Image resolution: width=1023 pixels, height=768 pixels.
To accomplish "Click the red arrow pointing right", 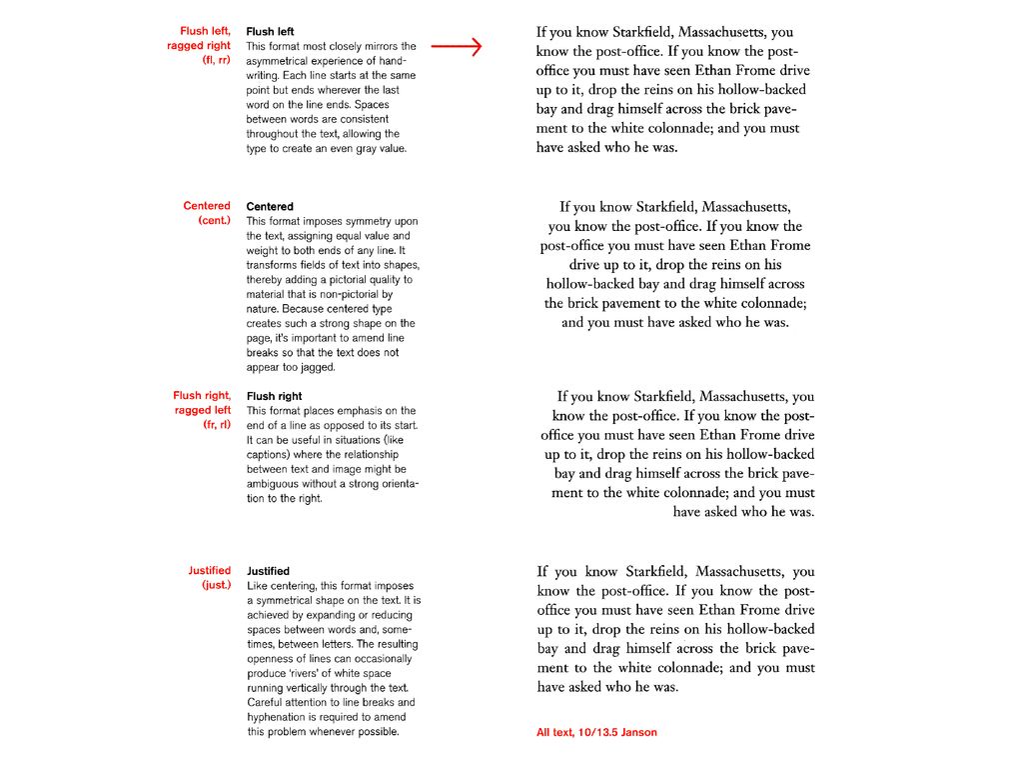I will pyautogui.click(x=456, y=46).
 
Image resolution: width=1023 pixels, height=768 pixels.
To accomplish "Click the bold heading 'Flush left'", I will pyautogui.click(x=270, y=32).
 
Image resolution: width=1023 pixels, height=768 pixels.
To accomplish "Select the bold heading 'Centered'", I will pyautogui.click(x=270, y=207).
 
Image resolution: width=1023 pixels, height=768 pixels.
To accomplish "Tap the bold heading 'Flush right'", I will pyautogui.click(x=274, y=396).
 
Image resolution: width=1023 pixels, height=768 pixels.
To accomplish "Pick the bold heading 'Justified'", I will pyautogui.click(x=268, y=571).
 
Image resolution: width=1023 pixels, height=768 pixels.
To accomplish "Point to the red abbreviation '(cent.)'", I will pyautogui.click(x=214, y=220).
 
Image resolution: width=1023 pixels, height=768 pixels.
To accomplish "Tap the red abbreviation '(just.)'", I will pyautogui.click(x=215, y=585).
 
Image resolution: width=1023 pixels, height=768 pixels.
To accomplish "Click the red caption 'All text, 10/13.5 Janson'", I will pyautogui.click(x=596, y=733).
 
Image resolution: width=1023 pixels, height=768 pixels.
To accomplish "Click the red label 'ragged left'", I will pyautogui.click(x=203, y=410).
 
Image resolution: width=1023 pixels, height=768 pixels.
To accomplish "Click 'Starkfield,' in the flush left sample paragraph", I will pyautogui.click(x=656, y=33).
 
